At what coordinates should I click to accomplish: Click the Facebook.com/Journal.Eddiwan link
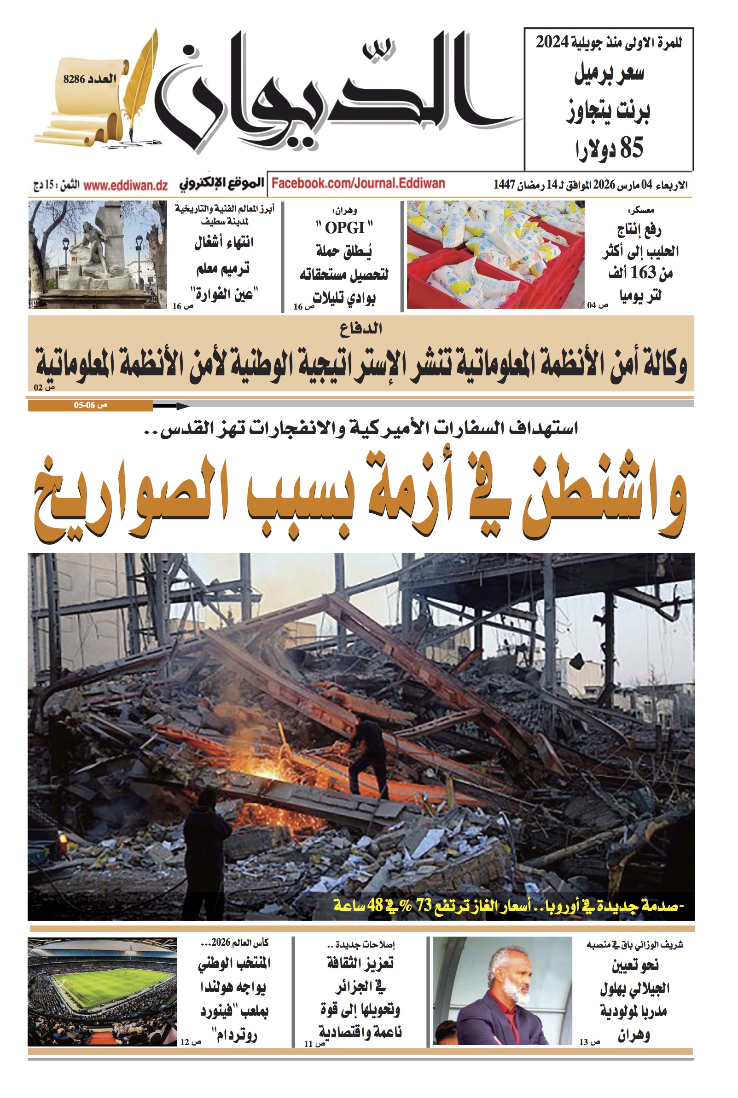(x=358, y=183)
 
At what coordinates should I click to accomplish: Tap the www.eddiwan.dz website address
(x=125, y=185)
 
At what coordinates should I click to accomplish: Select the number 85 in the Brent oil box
(x=631, y=148)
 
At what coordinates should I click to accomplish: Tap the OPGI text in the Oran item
(x=344, y=228)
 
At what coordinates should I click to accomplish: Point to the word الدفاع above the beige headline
(x=361, y=328)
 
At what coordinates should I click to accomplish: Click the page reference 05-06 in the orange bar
(x=85, y=405)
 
